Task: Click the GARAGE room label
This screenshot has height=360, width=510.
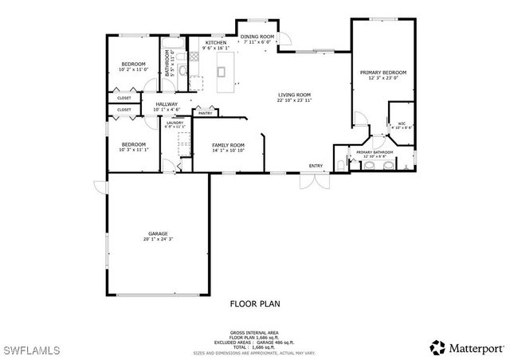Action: tap(158, 233)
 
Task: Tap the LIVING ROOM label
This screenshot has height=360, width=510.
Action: tap(294, 94)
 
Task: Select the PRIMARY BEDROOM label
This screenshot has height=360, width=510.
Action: tap(382, 72)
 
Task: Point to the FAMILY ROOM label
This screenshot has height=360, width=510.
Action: tap(228, 144)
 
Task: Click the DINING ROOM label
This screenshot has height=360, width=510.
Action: tap(257, 37)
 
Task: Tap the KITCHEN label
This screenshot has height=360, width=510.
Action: tap(216, 42)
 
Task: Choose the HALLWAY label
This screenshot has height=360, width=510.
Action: tap(167, 104)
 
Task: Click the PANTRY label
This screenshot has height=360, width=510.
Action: tap(205, 113)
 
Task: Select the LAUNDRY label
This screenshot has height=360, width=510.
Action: tap(175, 122)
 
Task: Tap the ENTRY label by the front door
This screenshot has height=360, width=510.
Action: tap(316, 166)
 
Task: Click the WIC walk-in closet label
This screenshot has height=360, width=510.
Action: tap(402, 123)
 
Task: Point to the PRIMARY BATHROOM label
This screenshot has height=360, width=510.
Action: tap(375, 151)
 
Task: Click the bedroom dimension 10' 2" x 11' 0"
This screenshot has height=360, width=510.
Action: tap(133, 70)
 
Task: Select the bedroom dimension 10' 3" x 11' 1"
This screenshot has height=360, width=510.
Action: tap(133, 150)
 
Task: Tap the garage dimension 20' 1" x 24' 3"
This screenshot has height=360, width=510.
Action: tap(158, 239)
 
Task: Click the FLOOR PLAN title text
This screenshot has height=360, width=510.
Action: tap(255, 303)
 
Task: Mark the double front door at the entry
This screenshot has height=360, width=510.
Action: tap(312, 182)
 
